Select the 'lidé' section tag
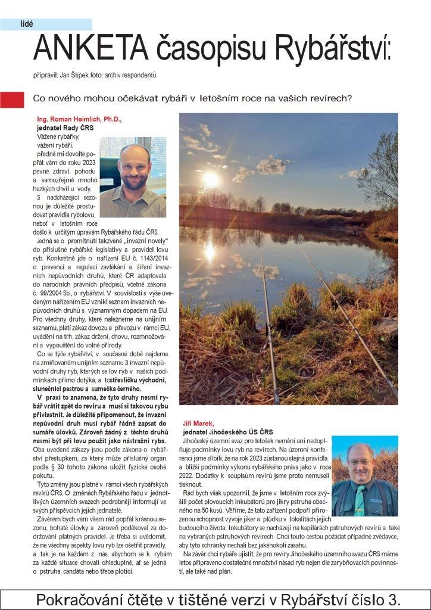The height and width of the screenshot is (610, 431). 27,24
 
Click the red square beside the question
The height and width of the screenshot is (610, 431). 12,99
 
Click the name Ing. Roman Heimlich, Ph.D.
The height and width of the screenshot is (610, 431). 80,119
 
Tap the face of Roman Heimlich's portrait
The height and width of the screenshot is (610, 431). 135,167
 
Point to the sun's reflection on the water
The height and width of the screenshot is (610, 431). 210,252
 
